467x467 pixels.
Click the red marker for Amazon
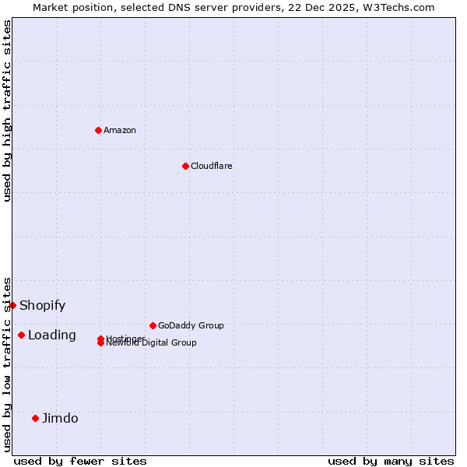(98, 130)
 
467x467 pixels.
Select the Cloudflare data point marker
(185, 166)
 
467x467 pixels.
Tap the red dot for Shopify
(13, 305)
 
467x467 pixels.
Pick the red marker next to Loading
(21, 335)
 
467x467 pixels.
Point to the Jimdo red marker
(35, 418)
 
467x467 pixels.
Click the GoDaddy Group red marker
(153, 325)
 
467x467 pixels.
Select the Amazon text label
(119, 130)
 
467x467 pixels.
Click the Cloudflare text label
(211, 166)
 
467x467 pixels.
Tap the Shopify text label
(42, 305)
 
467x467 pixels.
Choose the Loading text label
(51, 335)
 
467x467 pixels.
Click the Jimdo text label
(60, 418)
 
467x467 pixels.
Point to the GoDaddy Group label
(191, 325)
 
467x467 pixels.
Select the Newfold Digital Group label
(152, 343)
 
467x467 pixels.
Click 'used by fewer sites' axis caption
(80, 461)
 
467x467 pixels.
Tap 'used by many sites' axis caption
(391, 461)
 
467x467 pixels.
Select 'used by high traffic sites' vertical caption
(7, 111)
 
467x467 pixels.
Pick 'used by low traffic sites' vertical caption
(7, 363)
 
